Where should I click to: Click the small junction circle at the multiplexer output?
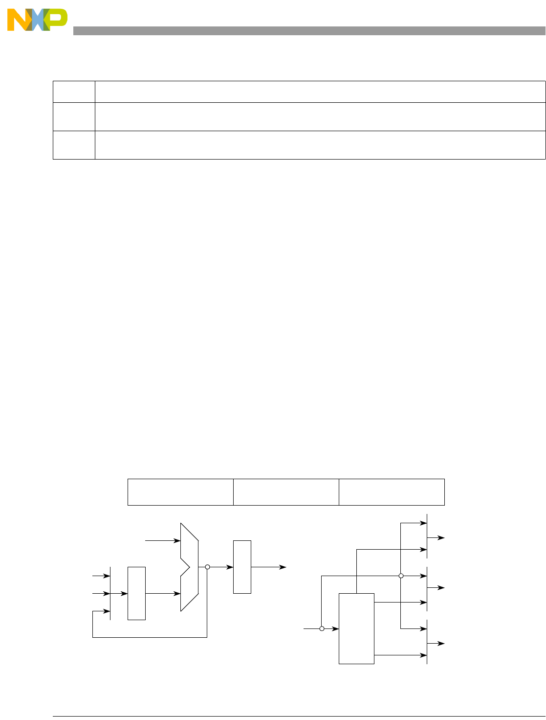pos(207,567)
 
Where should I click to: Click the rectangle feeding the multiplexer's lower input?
pos(136,593)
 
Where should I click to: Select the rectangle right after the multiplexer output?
pos(242,567)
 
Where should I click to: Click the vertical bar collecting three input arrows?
pos(110,593)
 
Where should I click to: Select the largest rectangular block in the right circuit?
pos(356,628)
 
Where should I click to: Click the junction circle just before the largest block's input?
pos(322,628)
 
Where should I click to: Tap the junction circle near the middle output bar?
pos(401,576)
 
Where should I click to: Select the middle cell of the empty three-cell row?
pos(286,492)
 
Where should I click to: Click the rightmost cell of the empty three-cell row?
pos(392,492)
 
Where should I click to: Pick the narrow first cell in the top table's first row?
pos(74,92)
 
